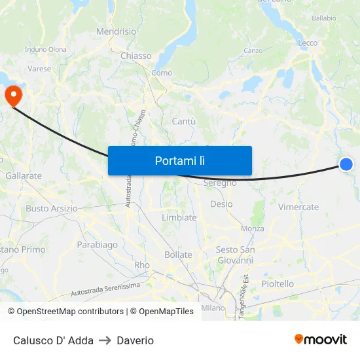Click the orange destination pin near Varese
coord(13,96)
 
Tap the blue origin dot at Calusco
coord(346,164)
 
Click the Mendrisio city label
coord(117,31)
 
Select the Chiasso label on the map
coord(136,56)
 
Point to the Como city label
coord(161,73)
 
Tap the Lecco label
coord(308,43)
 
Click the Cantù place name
coord(184,121)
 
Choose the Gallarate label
coord(24,175)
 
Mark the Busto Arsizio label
coord(52,208)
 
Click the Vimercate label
coord(298,207)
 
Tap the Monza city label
coord(252,228)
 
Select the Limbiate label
coord(179,217)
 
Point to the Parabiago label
coord(98,245)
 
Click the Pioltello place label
coord(278,283)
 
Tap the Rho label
coord(142,265)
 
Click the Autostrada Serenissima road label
coord(105,289)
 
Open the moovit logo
coord(321,339)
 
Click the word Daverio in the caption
coord(135,340)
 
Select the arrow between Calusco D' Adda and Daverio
coord(105,340)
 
